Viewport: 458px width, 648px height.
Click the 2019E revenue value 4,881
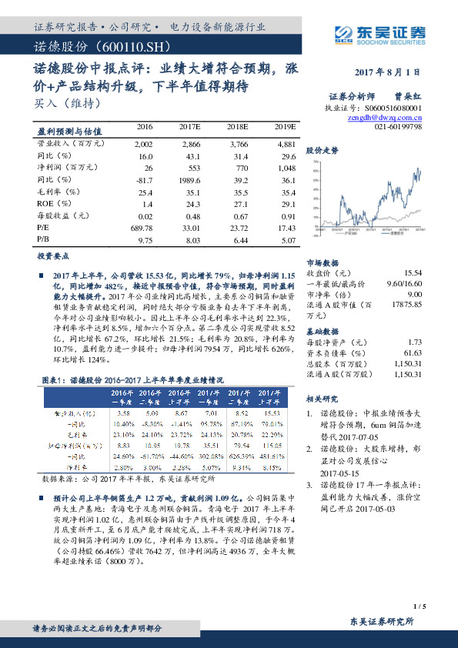pos(284,143)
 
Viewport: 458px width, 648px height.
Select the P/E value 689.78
pos(142,229)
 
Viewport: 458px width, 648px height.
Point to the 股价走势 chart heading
pos(323,151)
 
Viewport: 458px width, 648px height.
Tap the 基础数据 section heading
pos(323,329)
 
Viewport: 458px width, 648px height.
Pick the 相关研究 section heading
pos(323,399)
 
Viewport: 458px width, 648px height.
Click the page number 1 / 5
pos(419,606)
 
